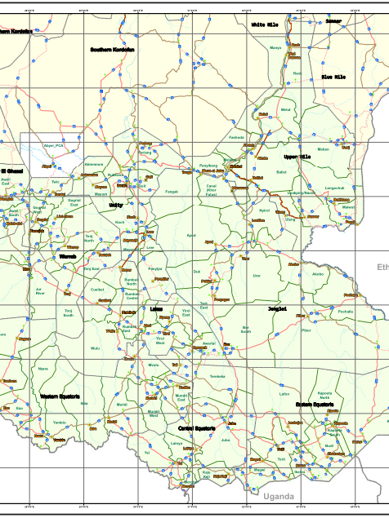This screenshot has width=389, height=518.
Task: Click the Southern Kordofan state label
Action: (x=112, y=49)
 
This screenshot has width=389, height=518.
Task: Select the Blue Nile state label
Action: (x=333, y=77)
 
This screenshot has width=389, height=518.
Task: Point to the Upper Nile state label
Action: (x=297, y=156)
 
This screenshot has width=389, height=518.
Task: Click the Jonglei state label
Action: (x=278, y=309)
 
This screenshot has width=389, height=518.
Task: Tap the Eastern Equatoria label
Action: (x=315, y=405)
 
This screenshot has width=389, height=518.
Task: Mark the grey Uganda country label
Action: (x=278, y=496)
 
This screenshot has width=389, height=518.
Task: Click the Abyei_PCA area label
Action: (x=54, y=146)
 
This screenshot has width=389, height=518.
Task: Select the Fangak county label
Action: (x=172, y=192)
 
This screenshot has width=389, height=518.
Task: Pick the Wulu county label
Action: (x=96, y=348)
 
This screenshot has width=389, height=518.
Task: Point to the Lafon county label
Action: (x=284, y=394)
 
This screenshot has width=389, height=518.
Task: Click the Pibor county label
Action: (x=306, y=330)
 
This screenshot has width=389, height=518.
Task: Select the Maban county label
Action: (x=323, y=149)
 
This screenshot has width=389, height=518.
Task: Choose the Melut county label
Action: (x=285, y=109)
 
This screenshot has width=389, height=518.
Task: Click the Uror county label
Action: (x=257, y=276)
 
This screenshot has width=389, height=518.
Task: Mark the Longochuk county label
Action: (x=335, y=188)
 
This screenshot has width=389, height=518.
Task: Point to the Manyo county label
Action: (x=275, y=48)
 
